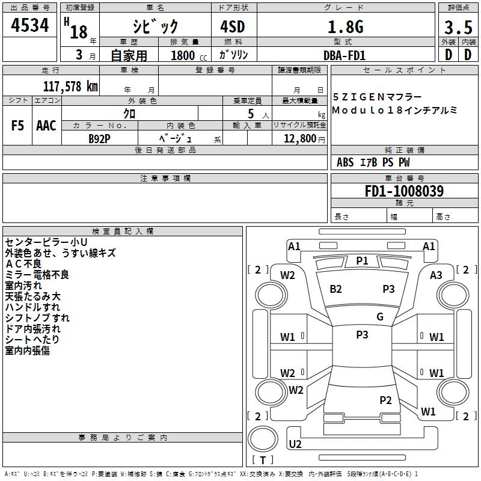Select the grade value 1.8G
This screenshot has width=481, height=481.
click(345, 27)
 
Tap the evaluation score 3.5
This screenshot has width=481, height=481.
click(458, 28)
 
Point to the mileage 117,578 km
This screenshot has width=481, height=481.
click(70, 86)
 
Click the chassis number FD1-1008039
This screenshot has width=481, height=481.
click(404, 192)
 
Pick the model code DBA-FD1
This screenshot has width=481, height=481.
click(345, 55)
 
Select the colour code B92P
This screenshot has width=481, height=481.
click(99, 138)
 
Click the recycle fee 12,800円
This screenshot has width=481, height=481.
click(304, 138)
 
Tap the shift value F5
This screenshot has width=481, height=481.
click(17, 126)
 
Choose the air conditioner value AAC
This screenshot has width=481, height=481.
click(46, 126)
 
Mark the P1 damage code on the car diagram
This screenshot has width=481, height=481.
click(362, 260)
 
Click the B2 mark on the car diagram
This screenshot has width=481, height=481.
click(335, 289)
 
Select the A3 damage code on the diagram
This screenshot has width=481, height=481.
click(436, 275)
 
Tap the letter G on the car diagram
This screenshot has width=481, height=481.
click(380, 317)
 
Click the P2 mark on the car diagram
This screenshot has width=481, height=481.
click(385, 400)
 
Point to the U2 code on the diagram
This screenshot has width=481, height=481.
click(295, 444)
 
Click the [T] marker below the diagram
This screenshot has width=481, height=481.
click(263, 460)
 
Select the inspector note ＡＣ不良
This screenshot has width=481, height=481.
click(23, 264)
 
